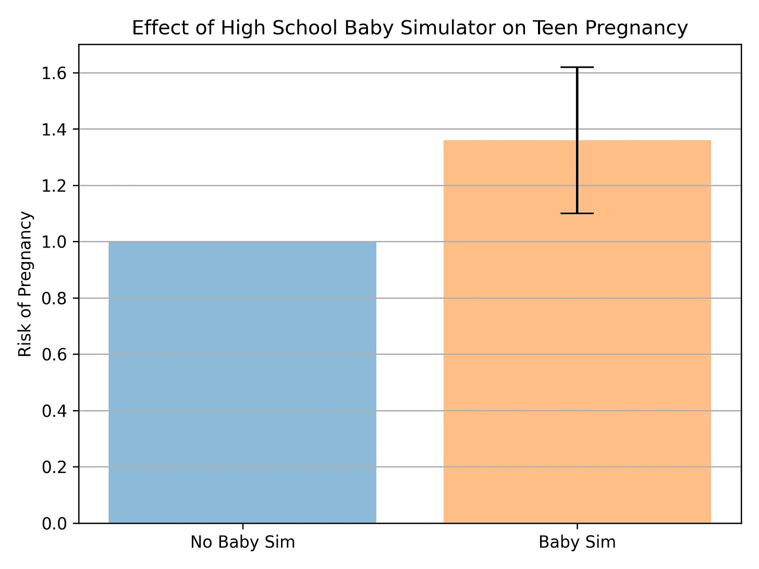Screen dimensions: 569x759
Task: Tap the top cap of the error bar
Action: coord(577,67)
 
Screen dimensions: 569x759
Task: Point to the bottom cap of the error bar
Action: coord(577,213)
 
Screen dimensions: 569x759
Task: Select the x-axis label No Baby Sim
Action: coord(242,542)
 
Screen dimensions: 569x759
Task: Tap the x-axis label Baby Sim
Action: coord(577,542)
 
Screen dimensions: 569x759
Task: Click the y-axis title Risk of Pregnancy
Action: coord(25,284)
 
